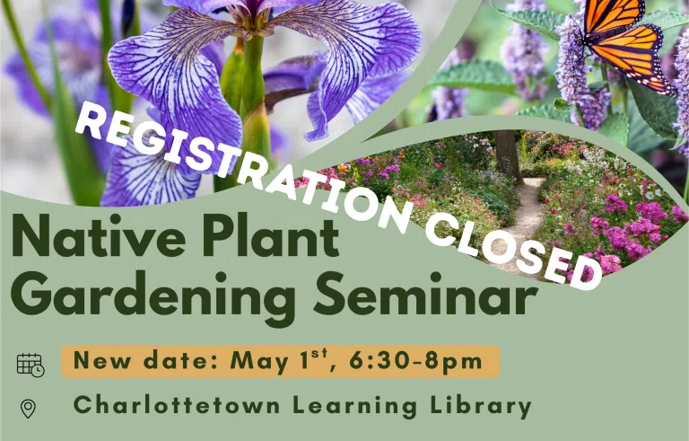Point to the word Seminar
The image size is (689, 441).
click(425, 293)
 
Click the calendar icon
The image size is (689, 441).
click(31, 365)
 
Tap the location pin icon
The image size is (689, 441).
click(28, 409)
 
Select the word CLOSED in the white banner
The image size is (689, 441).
click(513, 252)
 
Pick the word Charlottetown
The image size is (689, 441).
click(177, 405)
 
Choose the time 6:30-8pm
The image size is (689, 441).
click(415, 362)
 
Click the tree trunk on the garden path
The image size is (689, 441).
click(509, 155)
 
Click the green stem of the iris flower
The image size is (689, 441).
click(254, 88)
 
